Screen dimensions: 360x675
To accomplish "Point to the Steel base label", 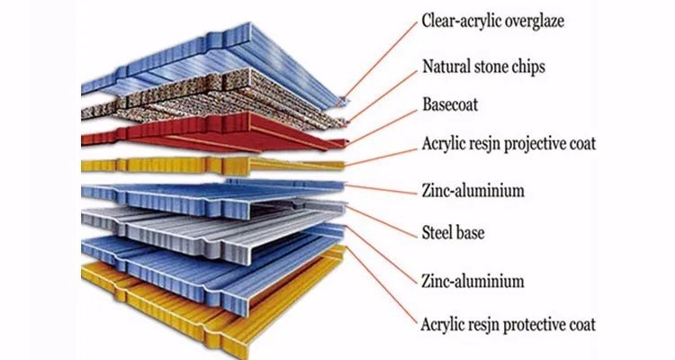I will (454, 233).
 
